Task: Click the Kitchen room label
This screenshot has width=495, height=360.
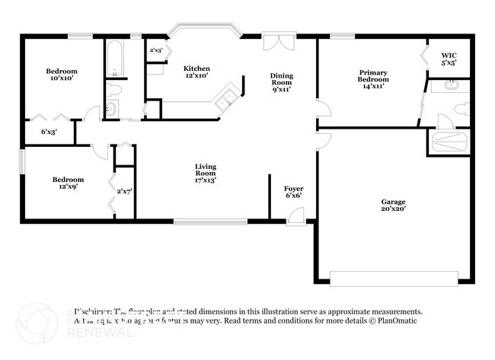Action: pos(196,72)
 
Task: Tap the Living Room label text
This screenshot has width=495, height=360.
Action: pos(205,174)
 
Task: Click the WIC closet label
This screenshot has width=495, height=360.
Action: pos(449,59)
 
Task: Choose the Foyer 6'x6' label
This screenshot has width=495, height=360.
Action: pos(294,193)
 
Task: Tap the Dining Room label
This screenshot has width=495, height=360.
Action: pos(281,82)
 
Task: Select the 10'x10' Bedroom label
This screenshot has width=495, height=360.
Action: pos(64,75)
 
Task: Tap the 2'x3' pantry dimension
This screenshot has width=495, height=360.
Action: pos(155,51)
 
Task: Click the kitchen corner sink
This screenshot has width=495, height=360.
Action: pos(226,100)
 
